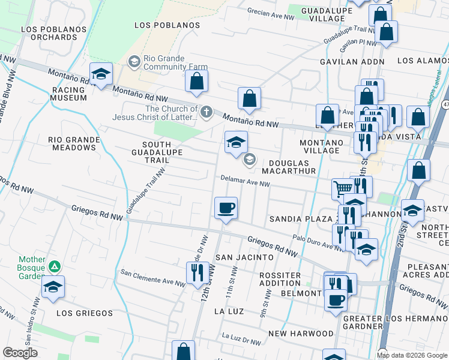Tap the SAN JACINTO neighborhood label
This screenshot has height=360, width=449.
click(x=244, y=257)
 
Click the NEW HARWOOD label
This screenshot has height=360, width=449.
click(x=301, y=333)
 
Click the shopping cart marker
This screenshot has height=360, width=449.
click(x=342, y=188)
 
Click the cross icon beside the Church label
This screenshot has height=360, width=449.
click(x=206, y=111)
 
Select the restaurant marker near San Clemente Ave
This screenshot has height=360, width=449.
click(x=196, y=273)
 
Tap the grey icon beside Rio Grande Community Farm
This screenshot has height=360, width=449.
click(x=134, y=61)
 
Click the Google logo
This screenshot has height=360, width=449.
click(x=20, y=353)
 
